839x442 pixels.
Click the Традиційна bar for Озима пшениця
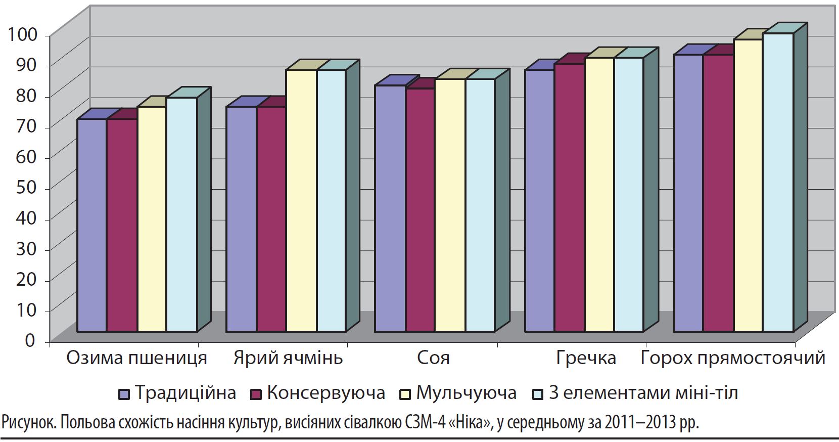pos(91,225)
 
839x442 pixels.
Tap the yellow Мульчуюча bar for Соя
pos(450,205)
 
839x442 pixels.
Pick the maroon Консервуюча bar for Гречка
pos(570,198)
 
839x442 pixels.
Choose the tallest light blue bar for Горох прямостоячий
pos(778,183)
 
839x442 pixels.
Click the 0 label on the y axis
pos(30,340)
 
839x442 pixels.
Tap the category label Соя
pos(433,358)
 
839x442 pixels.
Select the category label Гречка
pos(586,358)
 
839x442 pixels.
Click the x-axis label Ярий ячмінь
pos(288,358)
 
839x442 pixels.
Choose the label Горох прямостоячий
pos(733,358)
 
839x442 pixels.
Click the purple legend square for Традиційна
pos(124,394)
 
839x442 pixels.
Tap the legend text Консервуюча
pos(325,393)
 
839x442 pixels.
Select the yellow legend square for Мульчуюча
pos(405,394)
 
